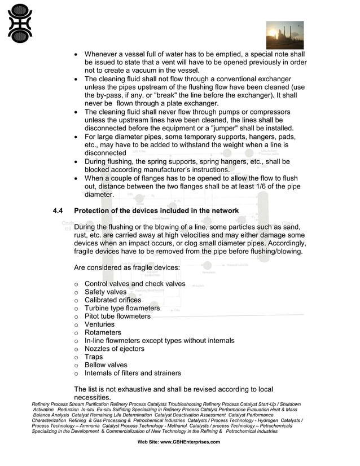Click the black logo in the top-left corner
20,23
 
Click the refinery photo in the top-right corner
284,35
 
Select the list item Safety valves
106,292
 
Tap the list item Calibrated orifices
113,300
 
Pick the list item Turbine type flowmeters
122,308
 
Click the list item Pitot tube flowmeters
117,316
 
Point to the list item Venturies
99,324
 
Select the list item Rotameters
103,333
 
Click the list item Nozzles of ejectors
114,349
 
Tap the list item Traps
94,357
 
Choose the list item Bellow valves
106,365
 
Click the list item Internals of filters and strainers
133,373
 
